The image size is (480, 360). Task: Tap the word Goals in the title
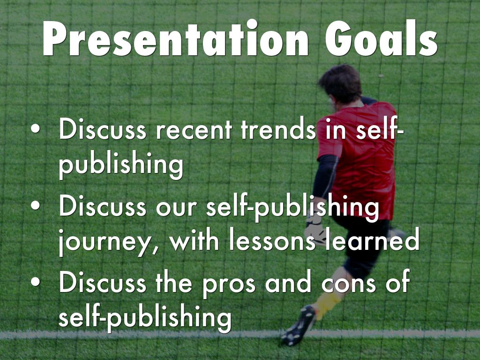click(x=382, y=38)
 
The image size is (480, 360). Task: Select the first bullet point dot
click(x=36, y=129)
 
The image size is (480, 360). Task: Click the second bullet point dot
click(x=36, y=205)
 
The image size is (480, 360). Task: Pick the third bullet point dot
click(x=36, y=282)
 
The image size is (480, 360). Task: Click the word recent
click(x=194, y=130)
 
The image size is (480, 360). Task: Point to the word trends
click(x=278, y=128)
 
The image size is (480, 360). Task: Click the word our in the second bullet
click(x=176, y=208)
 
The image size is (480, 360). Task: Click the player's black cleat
click(x=299, y=325)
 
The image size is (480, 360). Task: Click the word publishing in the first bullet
click(x=121, y=165)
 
